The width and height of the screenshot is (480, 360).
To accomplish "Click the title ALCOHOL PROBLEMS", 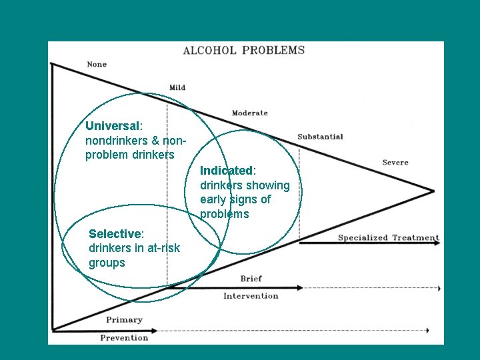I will [243, 50].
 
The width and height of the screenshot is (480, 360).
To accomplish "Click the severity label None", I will [97, 65].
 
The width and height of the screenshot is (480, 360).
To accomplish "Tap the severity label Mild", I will [177, 87].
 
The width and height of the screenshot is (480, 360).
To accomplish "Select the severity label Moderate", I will [249, 113].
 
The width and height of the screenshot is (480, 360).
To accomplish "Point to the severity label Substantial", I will [320, 137].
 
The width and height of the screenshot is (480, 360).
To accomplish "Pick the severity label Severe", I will [395, 163].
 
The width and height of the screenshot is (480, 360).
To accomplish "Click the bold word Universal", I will [112, 125].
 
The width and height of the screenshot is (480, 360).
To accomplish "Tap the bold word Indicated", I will [227, 171].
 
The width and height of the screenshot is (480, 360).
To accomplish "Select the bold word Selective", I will [115, 233].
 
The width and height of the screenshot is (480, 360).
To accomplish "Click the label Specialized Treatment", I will [388, 238].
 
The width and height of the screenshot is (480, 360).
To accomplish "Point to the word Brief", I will [251, 278].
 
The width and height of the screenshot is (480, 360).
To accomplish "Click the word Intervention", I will [251, 296].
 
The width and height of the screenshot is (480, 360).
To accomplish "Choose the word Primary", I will [124, 320].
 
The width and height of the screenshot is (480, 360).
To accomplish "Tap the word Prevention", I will [124, 337].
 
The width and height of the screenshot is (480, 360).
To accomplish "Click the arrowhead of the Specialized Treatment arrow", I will [437, 243].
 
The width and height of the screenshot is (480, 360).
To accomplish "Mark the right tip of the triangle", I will [433, 191].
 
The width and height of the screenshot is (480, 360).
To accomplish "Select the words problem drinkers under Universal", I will [130, 155].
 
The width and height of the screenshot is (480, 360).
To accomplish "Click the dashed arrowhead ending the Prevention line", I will [426, 330].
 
